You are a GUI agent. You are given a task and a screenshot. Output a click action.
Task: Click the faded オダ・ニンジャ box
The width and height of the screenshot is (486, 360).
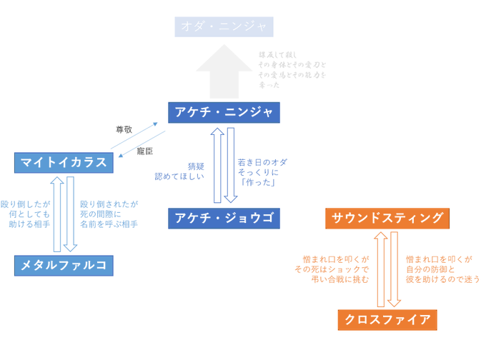224,27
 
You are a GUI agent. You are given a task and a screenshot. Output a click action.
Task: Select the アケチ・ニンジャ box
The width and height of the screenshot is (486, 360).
224,112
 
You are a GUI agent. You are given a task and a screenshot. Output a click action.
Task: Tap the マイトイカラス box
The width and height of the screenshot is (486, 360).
64,162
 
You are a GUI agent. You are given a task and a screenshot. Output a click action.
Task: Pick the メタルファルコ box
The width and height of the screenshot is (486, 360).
64,265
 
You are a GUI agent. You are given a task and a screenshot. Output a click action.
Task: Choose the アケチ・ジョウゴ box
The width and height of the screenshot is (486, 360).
224,218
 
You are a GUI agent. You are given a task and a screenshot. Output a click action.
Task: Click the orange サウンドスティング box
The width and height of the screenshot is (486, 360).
387,218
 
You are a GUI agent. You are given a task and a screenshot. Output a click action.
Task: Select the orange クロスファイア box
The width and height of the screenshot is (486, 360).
387,319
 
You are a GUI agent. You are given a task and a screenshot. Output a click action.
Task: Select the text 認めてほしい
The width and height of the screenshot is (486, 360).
181,176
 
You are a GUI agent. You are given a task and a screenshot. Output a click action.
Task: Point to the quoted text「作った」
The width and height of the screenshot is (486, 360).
258,184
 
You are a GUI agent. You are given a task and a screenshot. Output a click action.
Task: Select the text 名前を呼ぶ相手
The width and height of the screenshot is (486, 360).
109,224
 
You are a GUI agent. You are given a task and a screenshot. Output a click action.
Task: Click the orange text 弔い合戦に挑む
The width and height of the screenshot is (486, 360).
341,279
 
